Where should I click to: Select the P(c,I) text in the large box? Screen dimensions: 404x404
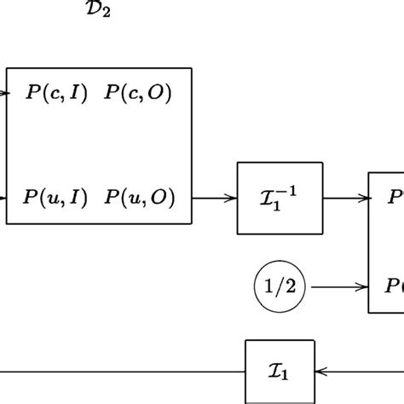click(x=55, y=94)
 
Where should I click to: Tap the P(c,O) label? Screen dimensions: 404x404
click(x=138, y=94)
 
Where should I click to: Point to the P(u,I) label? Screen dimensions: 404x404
click(x=55, y=198)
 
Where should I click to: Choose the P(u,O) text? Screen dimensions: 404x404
click(x=140, y=198)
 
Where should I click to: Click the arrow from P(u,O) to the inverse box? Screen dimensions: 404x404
click(x=215, y=198)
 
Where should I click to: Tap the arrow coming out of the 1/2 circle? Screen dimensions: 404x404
click(x=338, y=288)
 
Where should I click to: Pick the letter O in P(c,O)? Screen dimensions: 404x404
click(x=157, y=94)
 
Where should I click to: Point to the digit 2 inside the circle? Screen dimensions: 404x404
click(x=291, y=288)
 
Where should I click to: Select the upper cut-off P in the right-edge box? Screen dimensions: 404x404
click(x=395, y=198)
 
